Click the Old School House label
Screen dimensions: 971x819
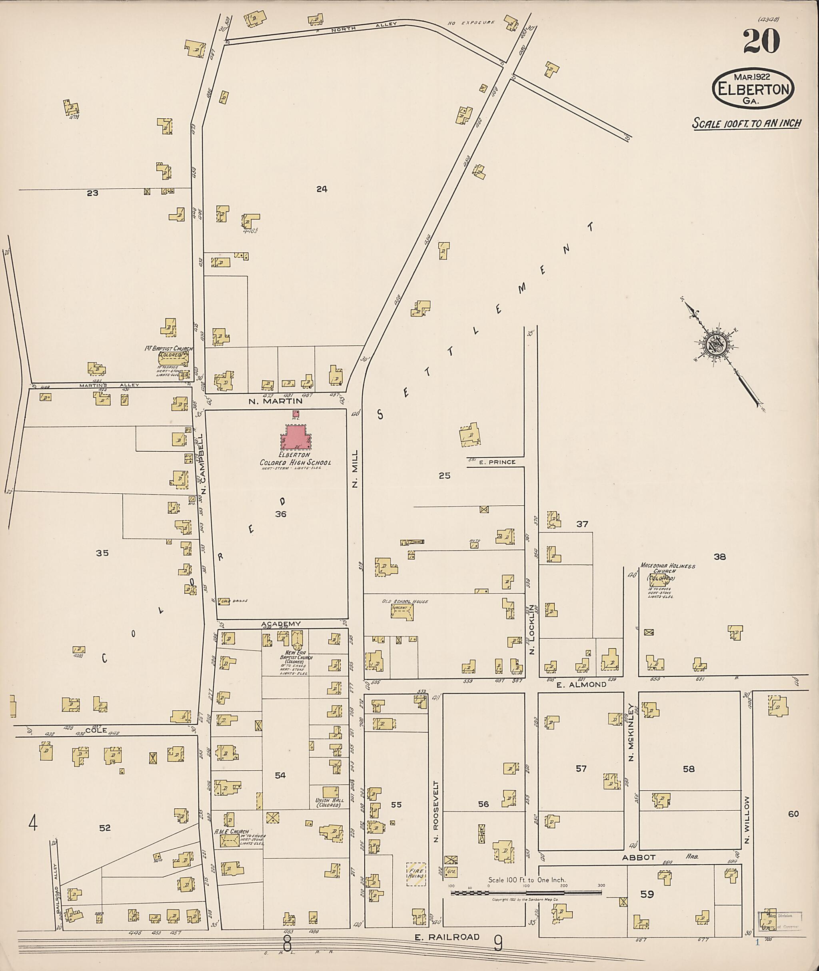(x=404, y=602)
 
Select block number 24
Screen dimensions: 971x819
(x=322, y=189)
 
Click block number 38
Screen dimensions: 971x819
(x=719, y=556)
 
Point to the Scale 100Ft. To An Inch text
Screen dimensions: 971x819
(x=746, y=124)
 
